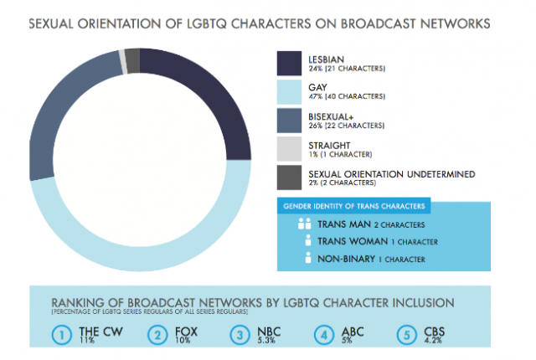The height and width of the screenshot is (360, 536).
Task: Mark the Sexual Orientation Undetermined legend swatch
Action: pos(290,177)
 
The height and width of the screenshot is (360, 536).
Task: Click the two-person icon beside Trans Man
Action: pos(302,224)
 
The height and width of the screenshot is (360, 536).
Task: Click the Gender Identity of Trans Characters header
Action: pos(354,205)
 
